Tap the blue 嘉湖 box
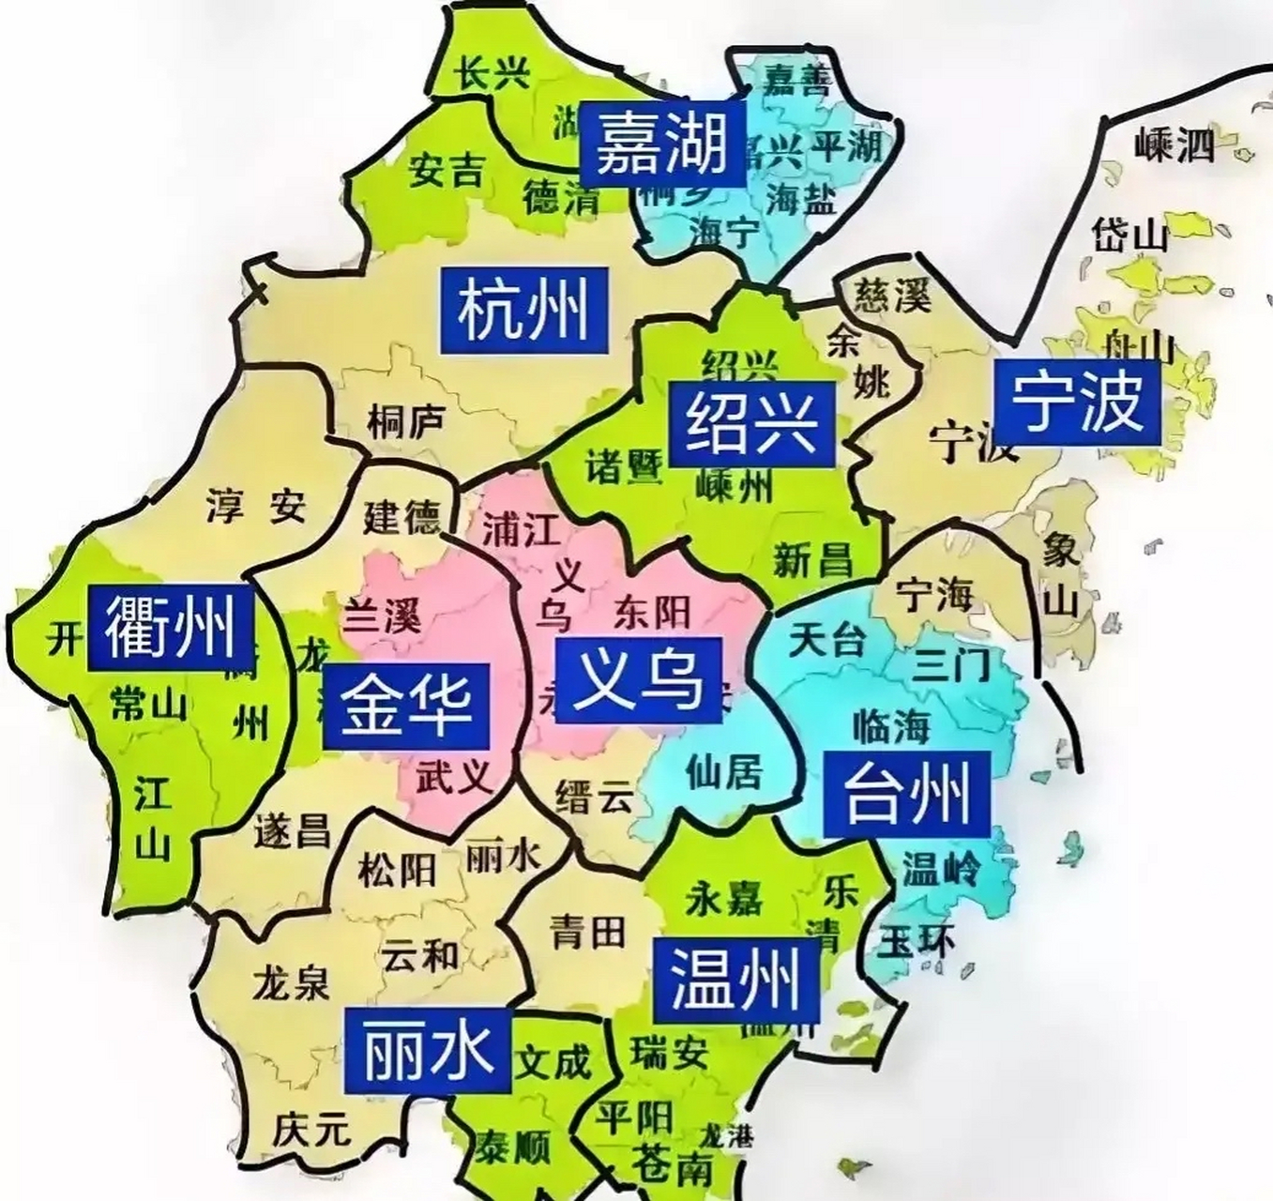pyautogui.click(x=662, y=144)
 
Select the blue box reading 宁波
pyautogui.click(x=1077, y=402)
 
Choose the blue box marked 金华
pyautogui.click(x=406, y=707)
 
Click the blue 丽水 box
pyautogui.click(x=428, y=1051)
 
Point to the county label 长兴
pyautogui.click(x=493, y=73)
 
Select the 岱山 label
pyautogui.click(x=1129, y=235)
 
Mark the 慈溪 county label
pyautogui.click(x=892, y=296)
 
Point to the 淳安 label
pyautogui.click(x=255, y=507)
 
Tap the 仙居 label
pyautogui.click(x=723, y=772)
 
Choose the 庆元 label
pyautogui.click(x=312, y=1129)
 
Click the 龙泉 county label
pyautogui.click(x=291, y=983)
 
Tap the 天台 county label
pyautogui.click(x=826, y=640)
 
